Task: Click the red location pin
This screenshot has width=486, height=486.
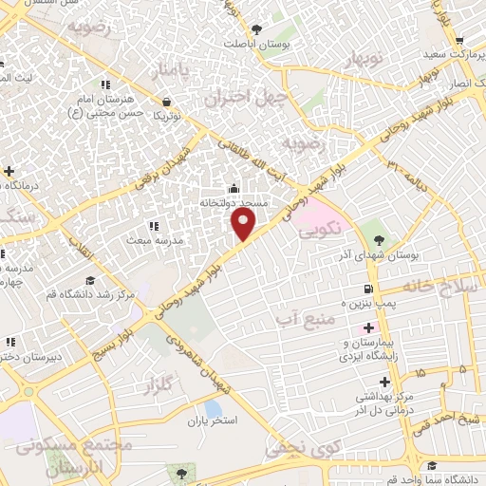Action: click(244, 224)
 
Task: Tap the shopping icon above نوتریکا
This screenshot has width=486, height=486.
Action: click(167, 102)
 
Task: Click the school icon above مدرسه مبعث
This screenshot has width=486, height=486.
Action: click(153, 226)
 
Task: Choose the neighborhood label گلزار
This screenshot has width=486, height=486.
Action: click(164, 386)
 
